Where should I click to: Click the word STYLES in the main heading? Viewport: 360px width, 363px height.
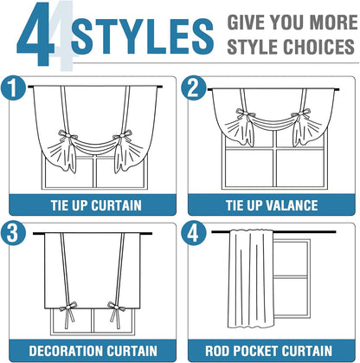coord(143,36)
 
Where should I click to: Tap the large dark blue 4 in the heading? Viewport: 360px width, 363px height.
coord(36,33)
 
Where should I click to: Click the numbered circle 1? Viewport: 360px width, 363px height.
coord(13,88)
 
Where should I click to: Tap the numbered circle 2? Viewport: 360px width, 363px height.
coord(193,88)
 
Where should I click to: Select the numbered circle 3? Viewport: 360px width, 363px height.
coord(13,233)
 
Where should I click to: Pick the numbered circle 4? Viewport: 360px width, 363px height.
coord(193,233)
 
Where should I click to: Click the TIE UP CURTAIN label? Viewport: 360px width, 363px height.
coord(96,205)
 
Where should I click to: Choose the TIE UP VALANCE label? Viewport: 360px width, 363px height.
coord(272,205)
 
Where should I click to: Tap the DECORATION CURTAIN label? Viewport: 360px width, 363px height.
coord(93,351)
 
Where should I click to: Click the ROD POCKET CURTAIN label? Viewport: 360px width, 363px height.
coord(268,351)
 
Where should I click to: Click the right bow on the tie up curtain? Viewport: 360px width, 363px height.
coord(123,136)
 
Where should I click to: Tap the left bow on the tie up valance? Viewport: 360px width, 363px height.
coord(245,113)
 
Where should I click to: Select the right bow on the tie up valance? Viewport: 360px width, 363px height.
coord(301,113)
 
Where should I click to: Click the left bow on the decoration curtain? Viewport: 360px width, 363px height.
coord(68,307)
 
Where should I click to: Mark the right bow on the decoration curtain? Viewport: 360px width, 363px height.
coord(117,307)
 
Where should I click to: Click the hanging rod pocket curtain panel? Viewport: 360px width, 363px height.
coord(251,279)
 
